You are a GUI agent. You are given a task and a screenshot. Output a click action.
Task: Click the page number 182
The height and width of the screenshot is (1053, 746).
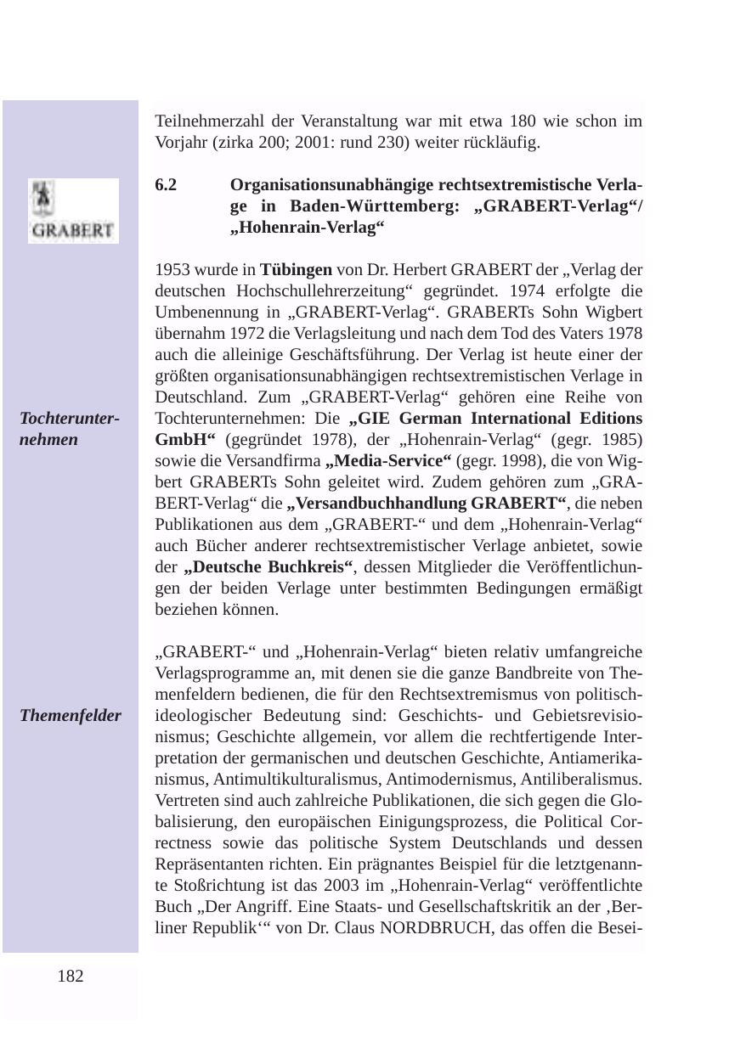tap(71, 977)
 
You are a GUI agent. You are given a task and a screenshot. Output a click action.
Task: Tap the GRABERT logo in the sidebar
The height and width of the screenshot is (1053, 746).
tap(73, 211)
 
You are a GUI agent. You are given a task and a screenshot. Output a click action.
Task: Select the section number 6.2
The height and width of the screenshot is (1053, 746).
tap(167, 185)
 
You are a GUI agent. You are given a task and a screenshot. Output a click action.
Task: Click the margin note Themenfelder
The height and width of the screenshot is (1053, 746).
tap(71, 716)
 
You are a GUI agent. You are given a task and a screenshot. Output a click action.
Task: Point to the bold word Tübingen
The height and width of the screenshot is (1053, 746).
tap(296, 270)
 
